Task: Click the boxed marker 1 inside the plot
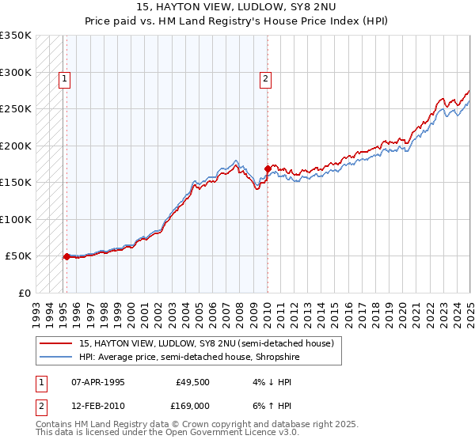click(x=63, y=78)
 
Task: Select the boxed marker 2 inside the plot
click(x=265, y=78)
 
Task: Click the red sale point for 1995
click(x=66, y=256)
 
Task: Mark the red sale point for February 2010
click(x=267, y=168)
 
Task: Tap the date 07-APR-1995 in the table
click(x=97, y=381)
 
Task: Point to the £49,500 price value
click(x=189, y=381)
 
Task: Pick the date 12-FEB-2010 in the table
click(x=97, y=405)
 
